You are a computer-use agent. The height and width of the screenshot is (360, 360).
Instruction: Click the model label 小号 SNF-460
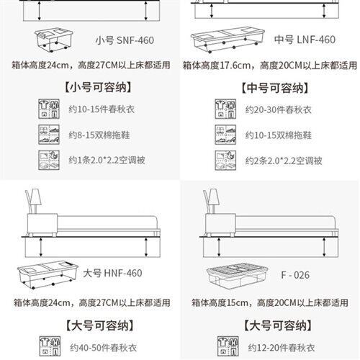point(125,40)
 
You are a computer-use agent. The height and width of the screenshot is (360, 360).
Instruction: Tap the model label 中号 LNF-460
point(305,40)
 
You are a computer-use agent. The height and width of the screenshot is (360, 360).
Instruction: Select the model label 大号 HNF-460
point(112,273)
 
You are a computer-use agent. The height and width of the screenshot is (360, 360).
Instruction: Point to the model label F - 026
point(295,275)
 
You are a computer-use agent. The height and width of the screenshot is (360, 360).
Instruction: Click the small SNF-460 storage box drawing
point(54,40)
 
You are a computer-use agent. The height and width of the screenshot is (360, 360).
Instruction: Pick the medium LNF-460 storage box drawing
point(228,40)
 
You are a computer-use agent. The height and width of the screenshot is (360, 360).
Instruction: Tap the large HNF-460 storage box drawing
point(48,275)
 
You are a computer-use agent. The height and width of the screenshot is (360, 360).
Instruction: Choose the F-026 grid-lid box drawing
point(237,275)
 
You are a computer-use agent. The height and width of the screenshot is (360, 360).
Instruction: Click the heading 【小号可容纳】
point(98,87)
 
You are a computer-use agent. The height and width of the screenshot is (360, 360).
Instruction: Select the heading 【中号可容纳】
point(275,88)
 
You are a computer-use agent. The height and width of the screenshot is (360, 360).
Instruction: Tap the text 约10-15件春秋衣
point(102,109)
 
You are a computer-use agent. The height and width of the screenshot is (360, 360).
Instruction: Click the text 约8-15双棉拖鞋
point(99,135)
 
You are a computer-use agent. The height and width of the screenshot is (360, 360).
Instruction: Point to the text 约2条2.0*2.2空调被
point(284,161)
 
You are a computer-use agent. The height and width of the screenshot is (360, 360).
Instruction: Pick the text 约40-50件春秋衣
point(103,348)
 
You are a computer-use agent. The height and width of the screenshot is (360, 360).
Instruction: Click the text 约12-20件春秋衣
point(282,348)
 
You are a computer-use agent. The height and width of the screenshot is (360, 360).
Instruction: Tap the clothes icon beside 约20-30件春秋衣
point(225,109)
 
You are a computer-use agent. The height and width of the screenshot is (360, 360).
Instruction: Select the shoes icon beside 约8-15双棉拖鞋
point(49,135)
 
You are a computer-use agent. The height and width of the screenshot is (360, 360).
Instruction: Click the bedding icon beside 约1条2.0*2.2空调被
point(49,160)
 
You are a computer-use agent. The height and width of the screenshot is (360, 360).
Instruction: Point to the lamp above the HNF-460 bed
point(33,201)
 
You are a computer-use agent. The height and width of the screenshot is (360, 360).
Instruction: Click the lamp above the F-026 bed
point(211,201)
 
